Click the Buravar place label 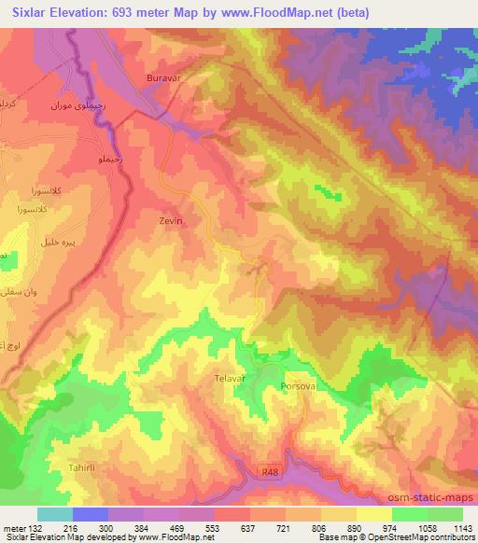pos(162,79)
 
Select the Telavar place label pos(229,381)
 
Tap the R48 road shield pos(271,473)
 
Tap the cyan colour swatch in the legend pos(55,514)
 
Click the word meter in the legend pos(13,528)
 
